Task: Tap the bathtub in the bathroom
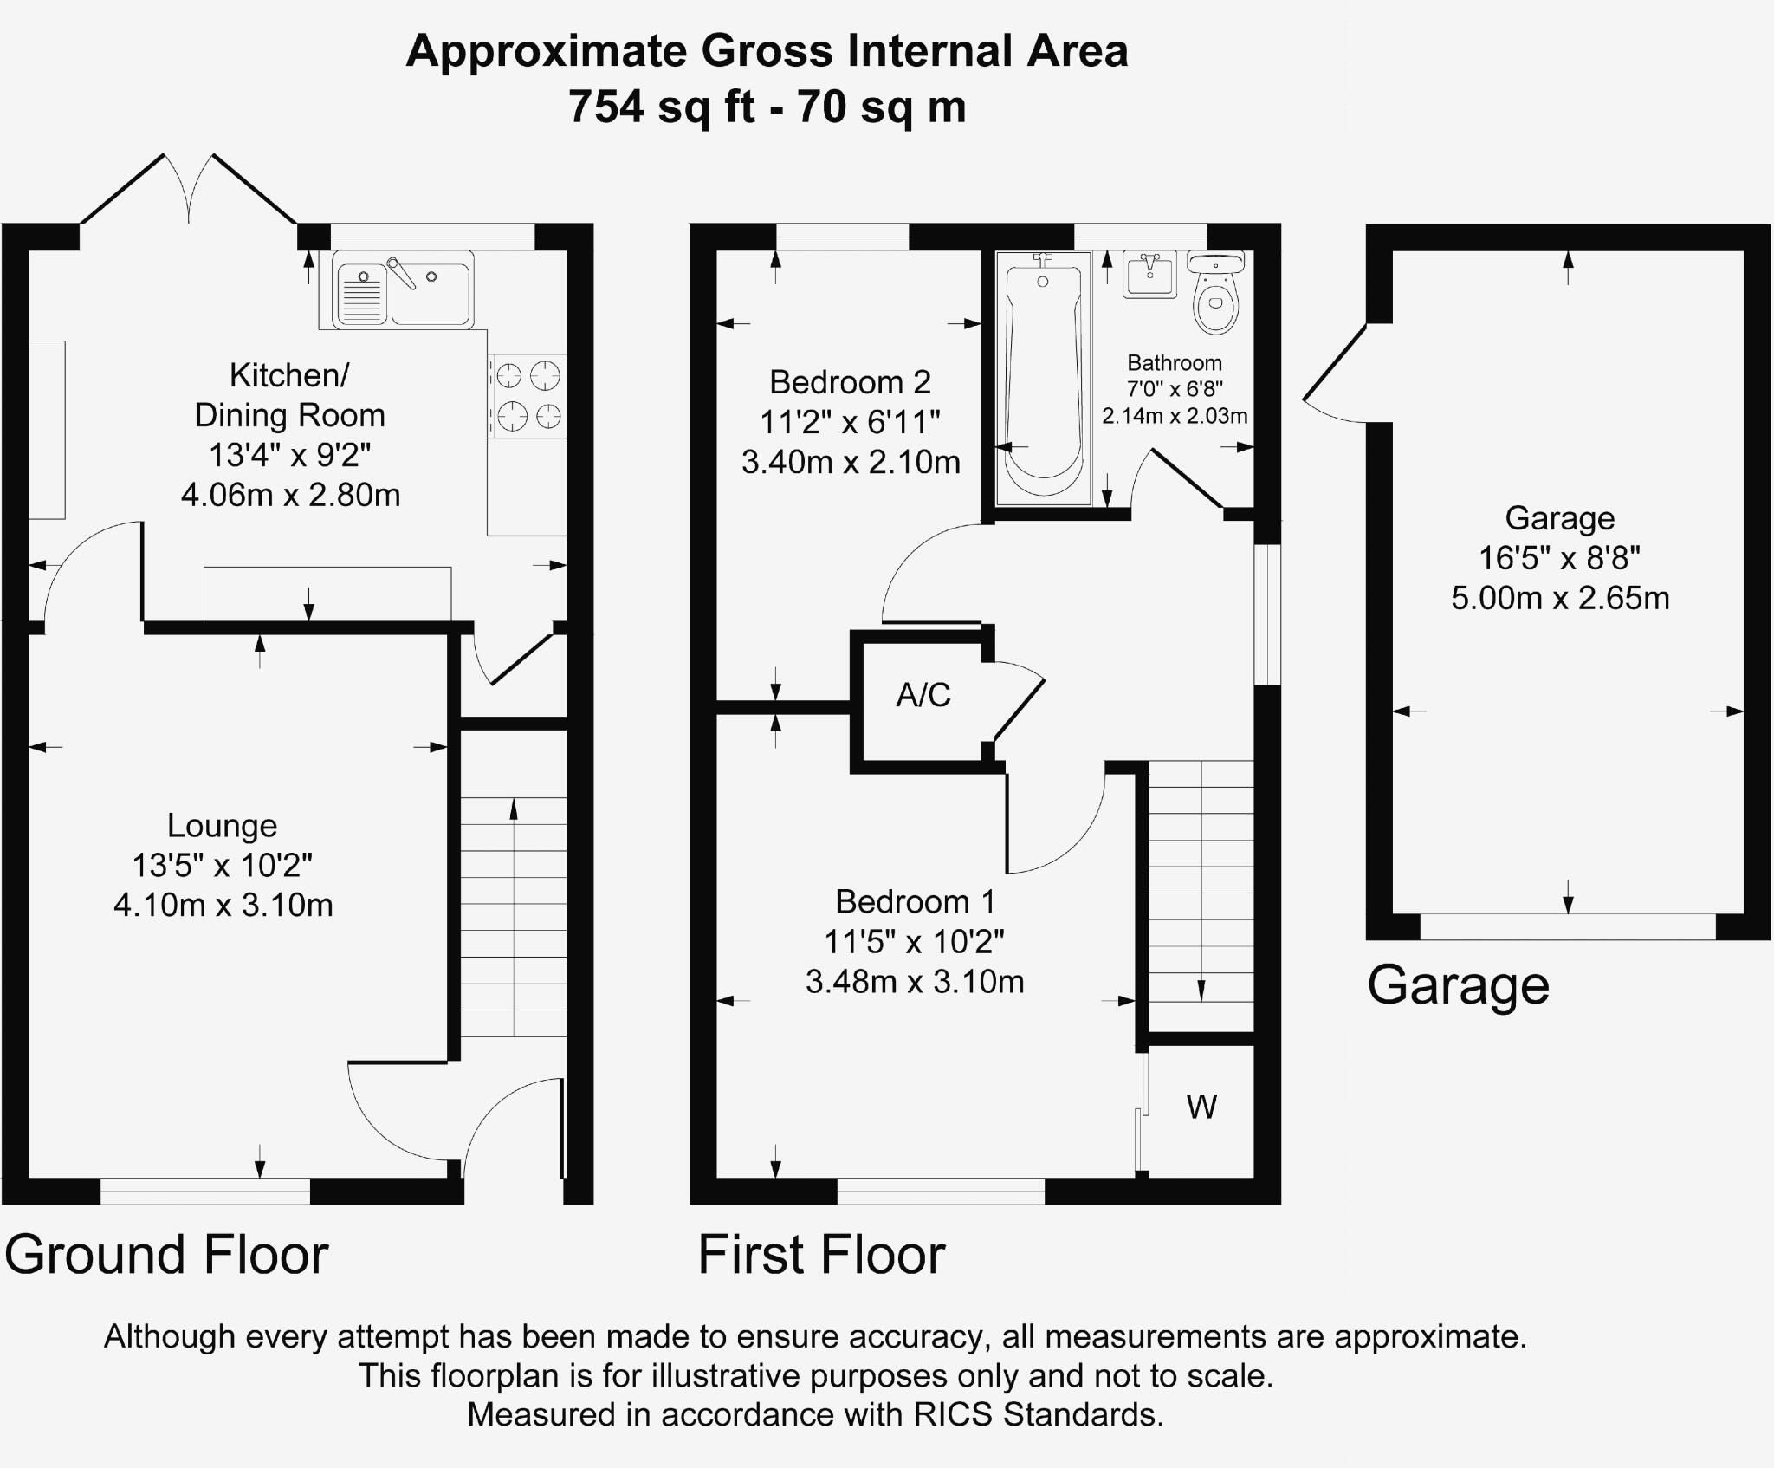click(x=1043, y=378)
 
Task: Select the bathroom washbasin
click(x=1150, y=274)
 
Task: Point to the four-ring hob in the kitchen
click(x=527, y=396)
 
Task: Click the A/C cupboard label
click(x=923, y=695)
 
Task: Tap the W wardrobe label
click(x=1201, y=1107)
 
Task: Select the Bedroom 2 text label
click(x=850, y=382)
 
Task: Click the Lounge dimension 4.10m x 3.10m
click(x=223, y=906)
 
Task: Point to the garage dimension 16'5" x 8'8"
click(x=1559, y=558)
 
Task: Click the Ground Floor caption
click(x=167, y=1254)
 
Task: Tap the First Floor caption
click(x=821, y=1254)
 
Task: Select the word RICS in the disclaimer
click(x=954, y=1414)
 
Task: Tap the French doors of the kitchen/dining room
click(x=189, y=191)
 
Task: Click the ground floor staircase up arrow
click(x=514, y=811)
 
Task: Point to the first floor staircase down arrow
click(x=1201, y=988)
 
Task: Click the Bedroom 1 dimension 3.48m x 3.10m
click(x=915, y=982)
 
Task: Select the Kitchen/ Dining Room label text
click(x=289, y=395)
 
